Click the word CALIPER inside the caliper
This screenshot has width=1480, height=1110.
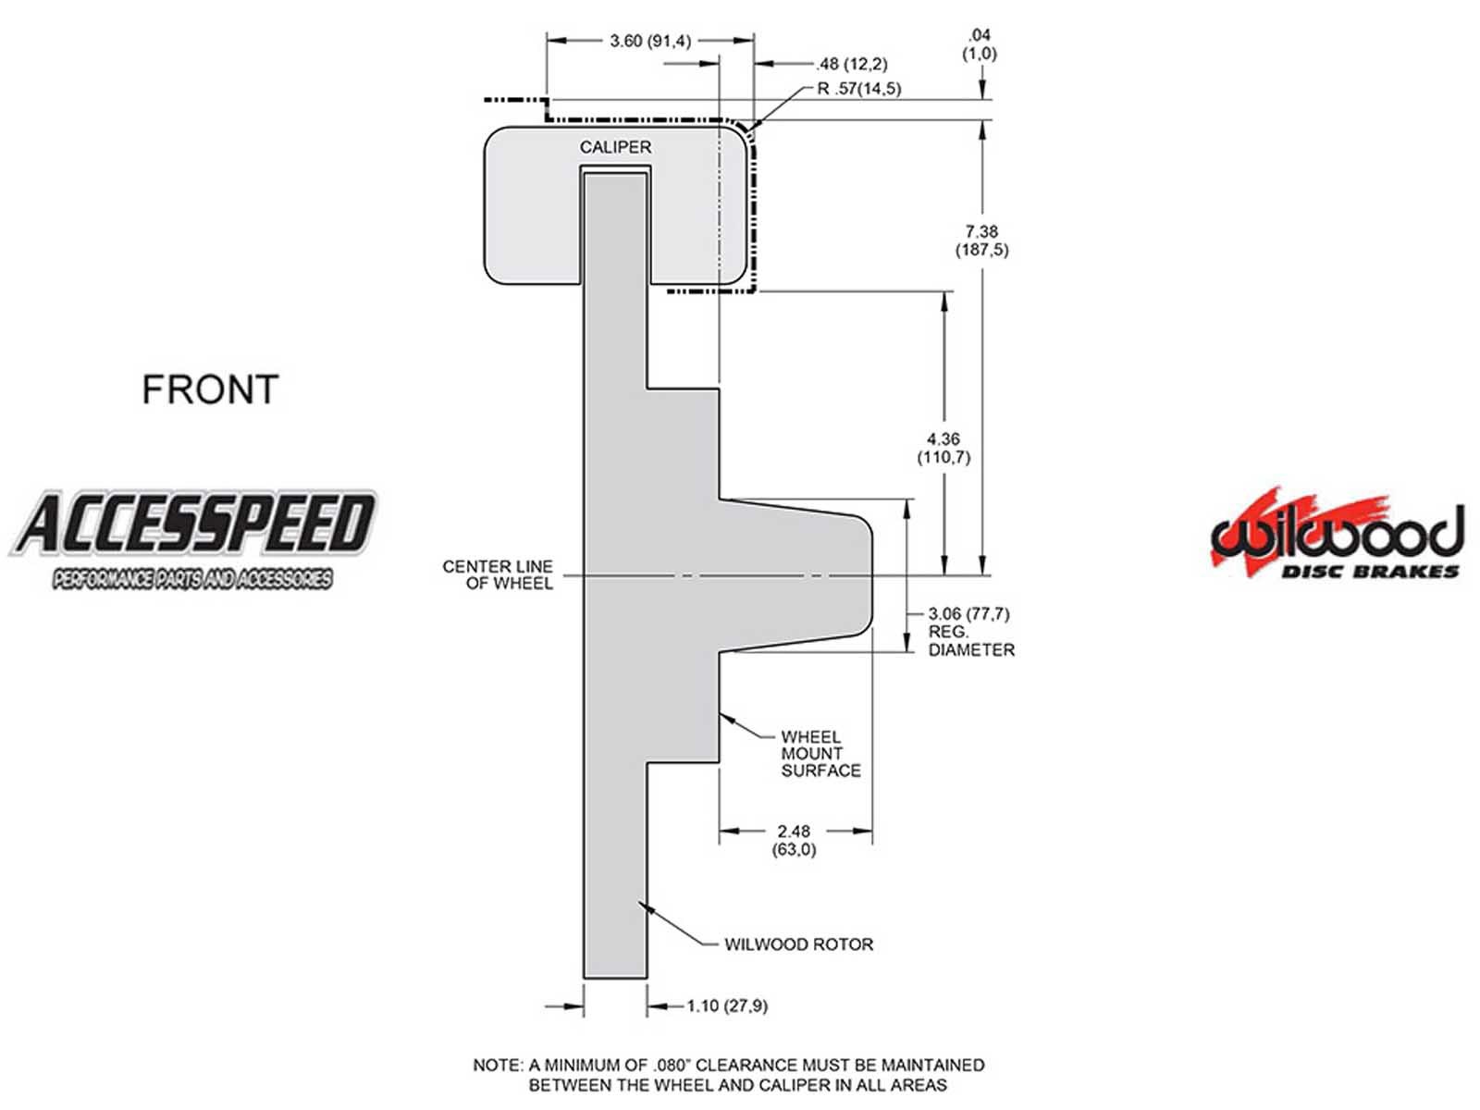pos(615,147)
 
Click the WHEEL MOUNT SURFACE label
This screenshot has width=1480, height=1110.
pos(820,754)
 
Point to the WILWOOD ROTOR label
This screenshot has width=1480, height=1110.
pos(798,944)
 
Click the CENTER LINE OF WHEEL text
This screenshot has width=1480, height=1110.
pos(498,574)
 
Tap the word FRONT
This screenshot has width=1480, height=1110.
pos(210,389)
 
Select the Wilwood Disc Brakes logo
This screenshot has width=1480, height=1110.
pos(1337,533)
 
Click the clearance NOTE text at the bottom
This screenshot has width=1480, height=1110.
pos(729,1075)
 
